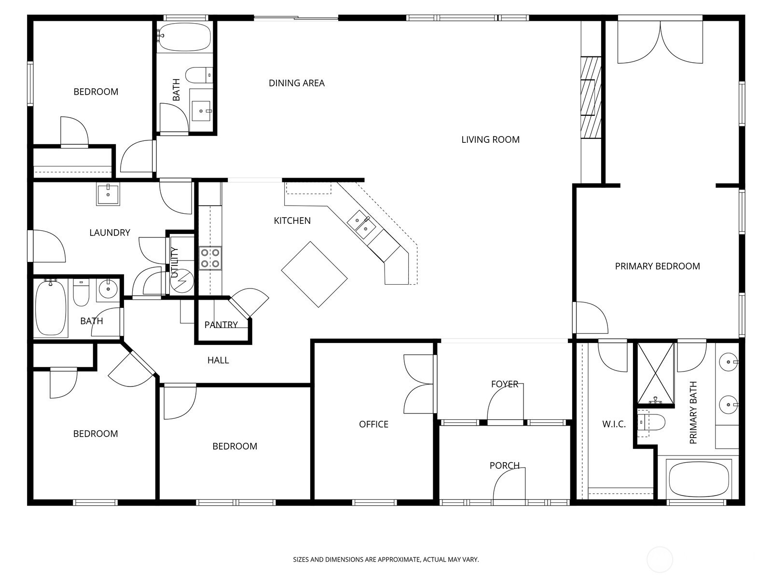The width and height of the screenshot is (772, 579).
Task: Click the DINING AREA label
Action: click(296, 83)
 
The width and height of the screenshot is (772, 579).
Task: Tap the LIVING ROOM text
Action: click(490, 139)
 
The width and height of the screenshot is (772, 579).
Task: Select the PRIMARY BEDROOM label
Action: click(657, 266)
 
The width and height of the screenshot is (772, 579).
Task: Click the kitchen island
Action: click(315, 275)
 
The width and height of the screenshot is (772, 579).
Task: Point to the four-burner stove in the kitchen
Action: click(210, 259)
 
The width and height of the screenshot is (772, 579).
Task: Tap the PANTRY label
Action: click(221, 324)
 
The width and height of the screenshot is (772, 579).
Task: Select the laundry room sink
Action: click(108, 193)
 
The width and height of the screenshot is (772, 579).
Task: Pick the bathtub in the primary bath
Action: click(699, 479)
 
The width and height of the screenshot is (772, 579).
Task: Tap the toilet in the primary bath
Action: click(651, 422)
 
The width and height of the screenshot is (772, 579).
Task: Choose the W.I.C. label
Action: click(614, 424)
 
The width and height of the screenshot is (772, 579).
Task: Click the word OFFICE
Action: click(373, 424)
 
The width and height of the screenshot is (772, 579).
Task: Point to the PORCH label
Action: click(504, 466)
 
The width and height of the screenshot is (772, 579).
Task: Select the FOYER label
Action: click(505, 384)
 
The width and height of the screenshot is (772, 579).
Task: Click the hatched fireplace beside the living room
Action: click(591, 97)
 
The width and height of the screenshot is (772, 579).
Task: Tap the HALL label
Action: click(218, 360)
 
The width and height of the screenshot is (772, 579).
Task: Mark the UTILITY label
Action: click(175, 262)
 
